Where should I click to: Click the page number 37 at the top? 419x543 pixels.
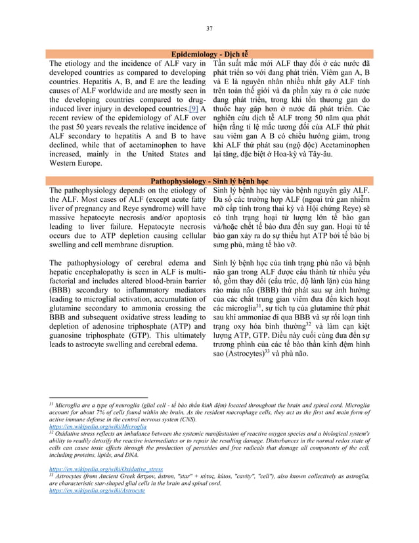[x=209, y=28]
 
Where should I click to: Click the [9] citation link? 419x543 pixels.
[x=194, y=109]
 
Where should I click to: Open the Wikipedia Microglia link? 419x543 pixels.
[x=98, y=427]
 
